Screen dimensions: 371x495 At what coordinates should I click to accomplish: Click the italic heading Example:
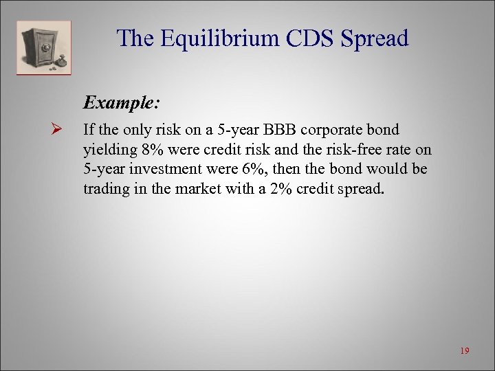pos(122,103)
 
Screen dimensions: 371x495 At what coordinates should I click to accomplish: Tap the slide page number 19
pos(464,351)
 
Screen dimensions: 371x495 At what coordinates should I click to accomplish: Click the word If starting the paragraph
pos(89,130)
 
